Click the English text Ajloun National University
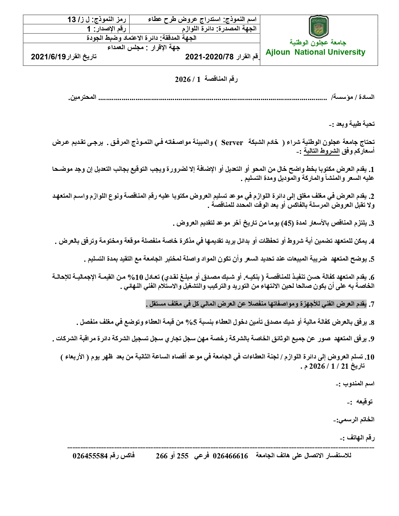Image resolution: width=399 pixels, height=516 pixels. [x=315, y=52]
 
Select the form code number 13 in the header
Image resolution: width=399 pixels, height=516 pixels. [x=72, y=20]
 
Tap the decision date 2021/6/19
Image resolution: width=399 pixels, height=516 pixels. [x=49, y=57]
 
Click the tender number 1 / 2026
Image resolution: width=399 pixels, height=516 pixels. [x=187, y=79]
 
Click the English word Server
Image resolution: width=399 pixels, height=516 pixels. [x=232, y=143]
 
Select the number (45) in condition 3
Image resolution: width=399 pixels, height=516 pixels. [x=288, y=223]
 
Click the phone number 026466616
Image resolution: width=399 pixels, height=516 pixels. [x=230, y=456]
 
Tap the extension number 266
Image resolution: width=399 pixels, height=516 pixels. [x=162, y=456]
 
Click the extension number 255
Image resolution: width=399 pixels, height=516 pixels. [x=183, y=456]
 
